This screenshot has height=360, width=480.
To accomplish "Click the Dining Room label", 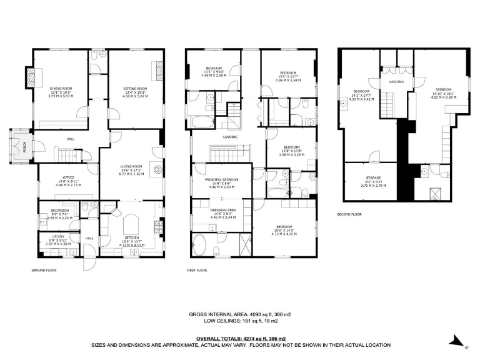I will pos(61,89).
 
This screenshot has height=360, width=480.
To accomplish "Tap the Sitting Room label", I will pos(134,89).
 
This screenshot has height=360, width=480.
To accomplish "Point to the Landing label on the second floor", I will pos(396,82).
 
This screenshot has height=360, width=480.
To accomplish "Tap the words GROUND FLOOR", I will pos(44,271).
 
